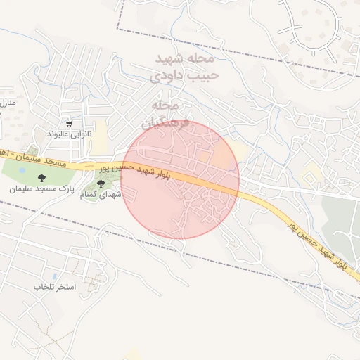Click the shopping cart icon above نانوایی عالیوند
[x=68, y=122]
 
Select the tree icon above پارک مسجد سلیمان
[x=41, y=178]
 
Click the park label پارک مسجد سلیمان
[x=41, y=189]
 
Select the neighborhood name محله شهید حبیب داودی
[x=186, y=65]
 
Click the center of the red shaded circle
[x=181, y=180]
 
